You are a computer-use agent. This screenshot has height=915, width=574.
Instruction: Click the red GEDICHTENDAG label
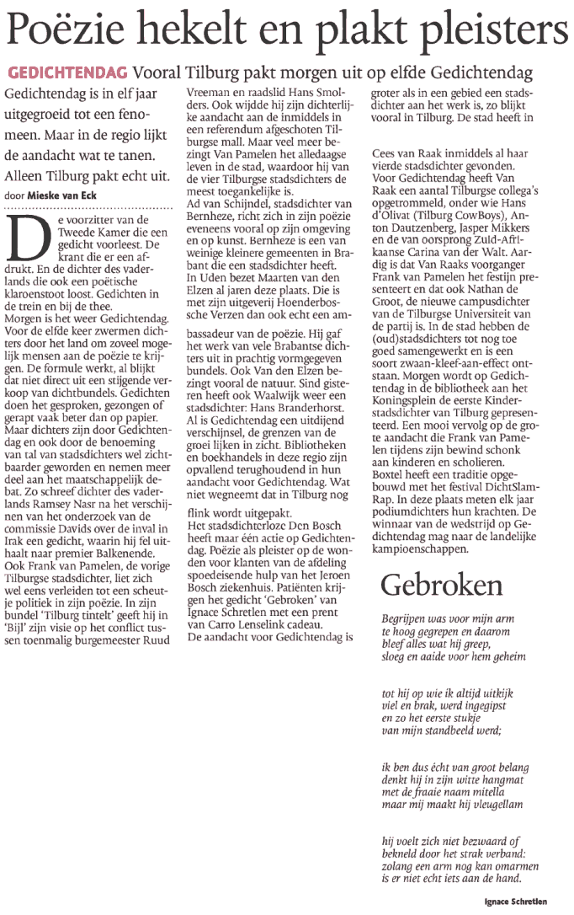point(67,73)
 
